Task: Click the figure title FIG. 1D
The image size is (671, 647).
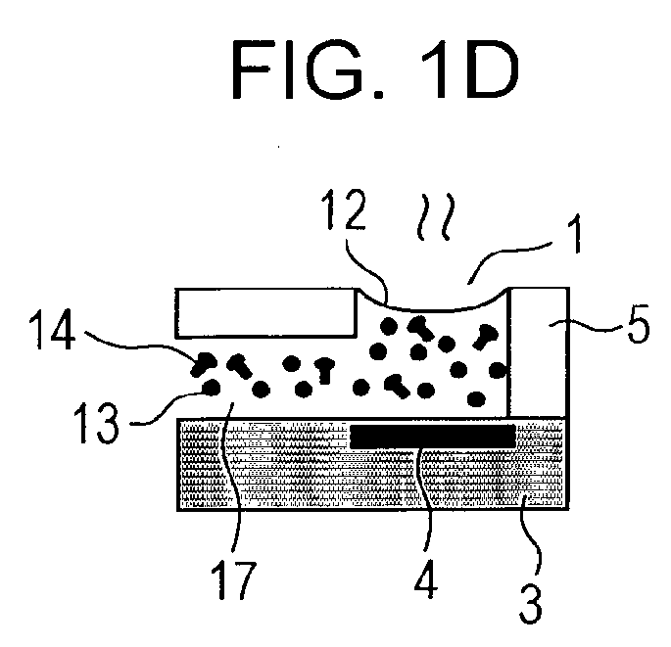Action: pos(375,69)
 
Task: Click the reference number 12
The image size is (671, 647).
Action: pos(345,210)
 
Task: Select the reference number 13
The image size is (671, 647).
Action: pos(95,423)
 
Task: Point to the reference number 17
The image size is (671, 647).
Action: pos(233,579)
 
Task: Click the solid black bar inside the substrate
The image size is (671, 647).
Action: pos(433,436)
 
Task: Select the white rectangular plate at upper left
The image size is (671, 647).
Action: pos(266,313)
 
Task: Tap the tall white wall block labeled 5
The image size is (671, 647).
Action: pos(539,352)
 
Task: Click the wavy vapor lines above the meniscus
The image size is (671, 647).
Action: pos(435,216)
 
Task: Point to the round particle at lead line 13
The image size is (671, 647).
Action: pos(211,388)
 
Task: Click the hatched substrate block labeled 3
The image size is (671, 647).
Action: pos(373,464)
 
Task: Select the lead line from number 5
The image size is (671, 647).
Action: pos(587,328)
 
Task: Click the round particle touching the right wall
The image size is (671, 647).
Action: pos(498,370)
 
